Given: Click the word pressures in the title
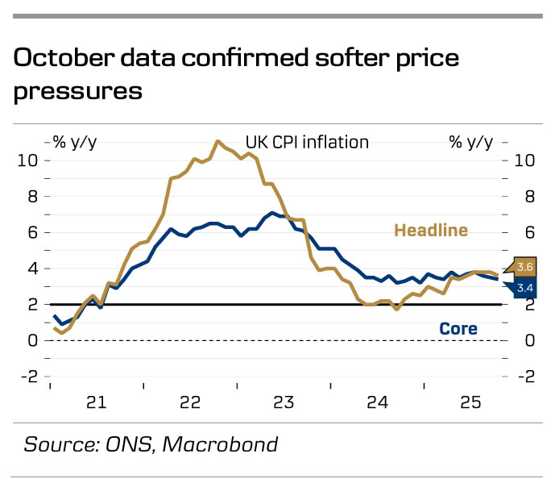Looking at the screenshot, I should tap(77, 91).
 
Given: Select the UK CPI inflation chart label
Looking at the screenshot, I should tap(307, 142).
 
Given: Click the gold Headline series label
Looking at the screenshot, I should tap(430, 231).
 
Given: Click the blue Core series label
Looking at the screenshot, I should tap(458, 329).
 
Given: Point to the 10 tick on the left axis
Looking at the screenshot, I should tap(29, 160).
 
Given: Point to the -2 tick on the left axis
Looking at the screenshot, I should tap(29, 377).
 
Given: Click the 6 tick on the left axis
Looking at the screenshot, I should tap(33, 232).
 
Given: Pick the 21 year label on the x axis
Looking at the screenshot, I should tap(97, 401).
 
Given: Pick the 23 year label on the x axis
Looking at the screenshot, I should tap(284, 401).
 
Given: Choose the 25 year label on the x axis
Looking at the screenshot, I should tap(470, 401).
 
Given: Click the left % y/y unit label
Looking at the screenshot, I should tap(75, 142).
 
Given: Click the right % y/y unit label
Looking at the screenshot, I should tap(470, 142).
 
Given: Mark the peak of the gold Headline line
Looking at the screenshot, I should tap(217, 141).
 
